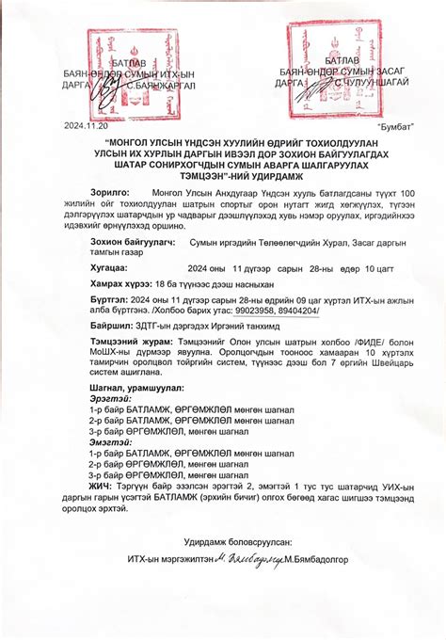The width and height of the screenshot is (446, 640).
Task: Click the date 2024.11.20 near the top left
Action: click(x=86, y=124)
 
